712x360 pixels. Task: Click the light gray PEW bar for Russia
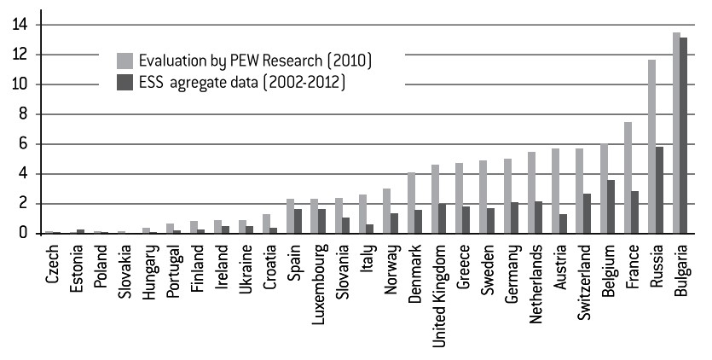652,147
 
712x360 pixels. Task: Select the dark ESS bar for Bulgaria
684,135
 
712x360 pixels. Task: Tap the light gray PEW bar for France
628,177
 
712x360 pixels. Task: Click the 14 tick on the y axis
20,25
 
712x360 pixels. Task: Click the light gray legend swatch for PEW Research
124,61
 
